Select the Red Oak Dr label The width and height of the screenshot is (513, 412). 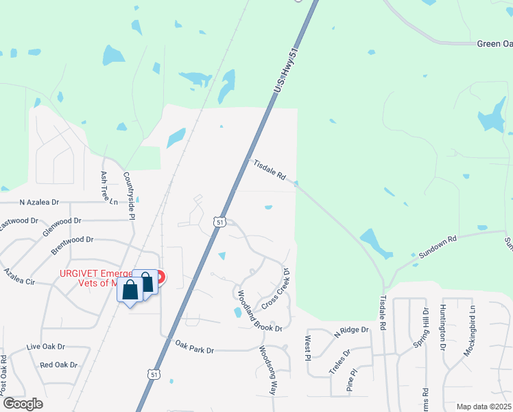pyautogui.click(x=58, y=365)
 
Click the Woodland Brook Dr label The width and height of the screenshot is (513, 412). pyautogui.click(x=259, y=310)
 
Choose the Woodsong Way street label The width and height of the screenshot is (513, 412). pyautogui.click(x=267, y=369)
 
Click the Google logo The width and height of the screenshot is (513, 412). pyautogui.click(x=23, y=404)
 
